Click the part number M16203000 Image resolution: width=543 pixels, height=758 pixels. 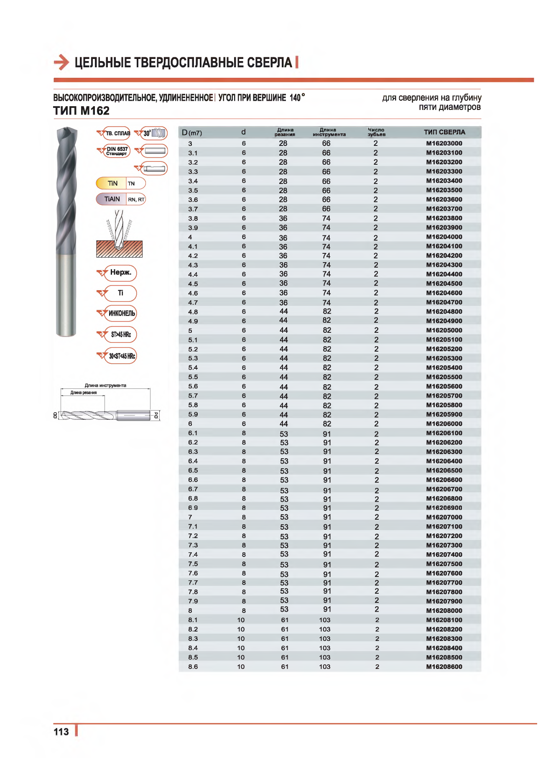pyautogui.click(x=444, y=143)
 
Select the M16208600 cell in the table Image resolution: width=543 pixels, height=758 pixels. pyautogui.click(x=444, y=667)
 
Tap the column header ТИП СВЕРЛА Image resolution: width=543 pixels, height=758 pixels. pyautogui.click(x=444, y=132)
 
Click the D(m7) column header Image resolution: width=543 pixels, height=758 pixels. pyautogui.click(x=192, y=133)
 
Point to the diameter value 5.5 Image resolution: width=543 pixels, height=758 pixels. pyautogui.click(x=193, y=377)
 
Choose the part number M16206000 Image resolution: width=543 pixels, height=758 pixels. pyautogui.click(x=444, y=424)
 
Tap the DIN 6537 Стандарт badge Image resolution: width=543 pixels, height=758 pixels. pyautogui.click(x=117, y=151)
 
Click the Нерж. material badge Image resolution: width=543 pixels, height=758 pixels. pyautogui.click(x=120, y=273)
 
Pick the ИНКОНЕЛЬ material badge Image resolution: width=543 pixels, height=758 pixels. pyautogui.click(x=121, y=313)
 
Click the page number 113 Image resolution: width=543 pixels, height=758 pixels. pyautogui.click(x=61, y=732)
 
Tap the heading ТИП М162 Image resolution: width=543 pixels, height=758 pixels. pyautogui.click(x=82, y=111)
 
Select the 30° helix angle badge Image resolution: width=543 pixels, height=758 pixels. pyautogui.click(x=154, y=133)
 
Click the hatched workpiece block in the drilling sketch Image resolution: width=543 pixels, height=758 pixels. pyautogui.click(x=119, y=250)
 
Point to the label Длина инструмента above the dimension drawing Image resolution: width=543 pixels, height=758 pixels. pyautogui.click(x=105, y=385)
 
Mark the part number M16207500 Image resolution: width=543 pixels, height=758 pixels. pyautogui.click(x=444, y=564)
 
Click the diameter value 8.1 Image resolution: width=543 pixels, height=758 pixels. pyautogui.click(x=193, y=620)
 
